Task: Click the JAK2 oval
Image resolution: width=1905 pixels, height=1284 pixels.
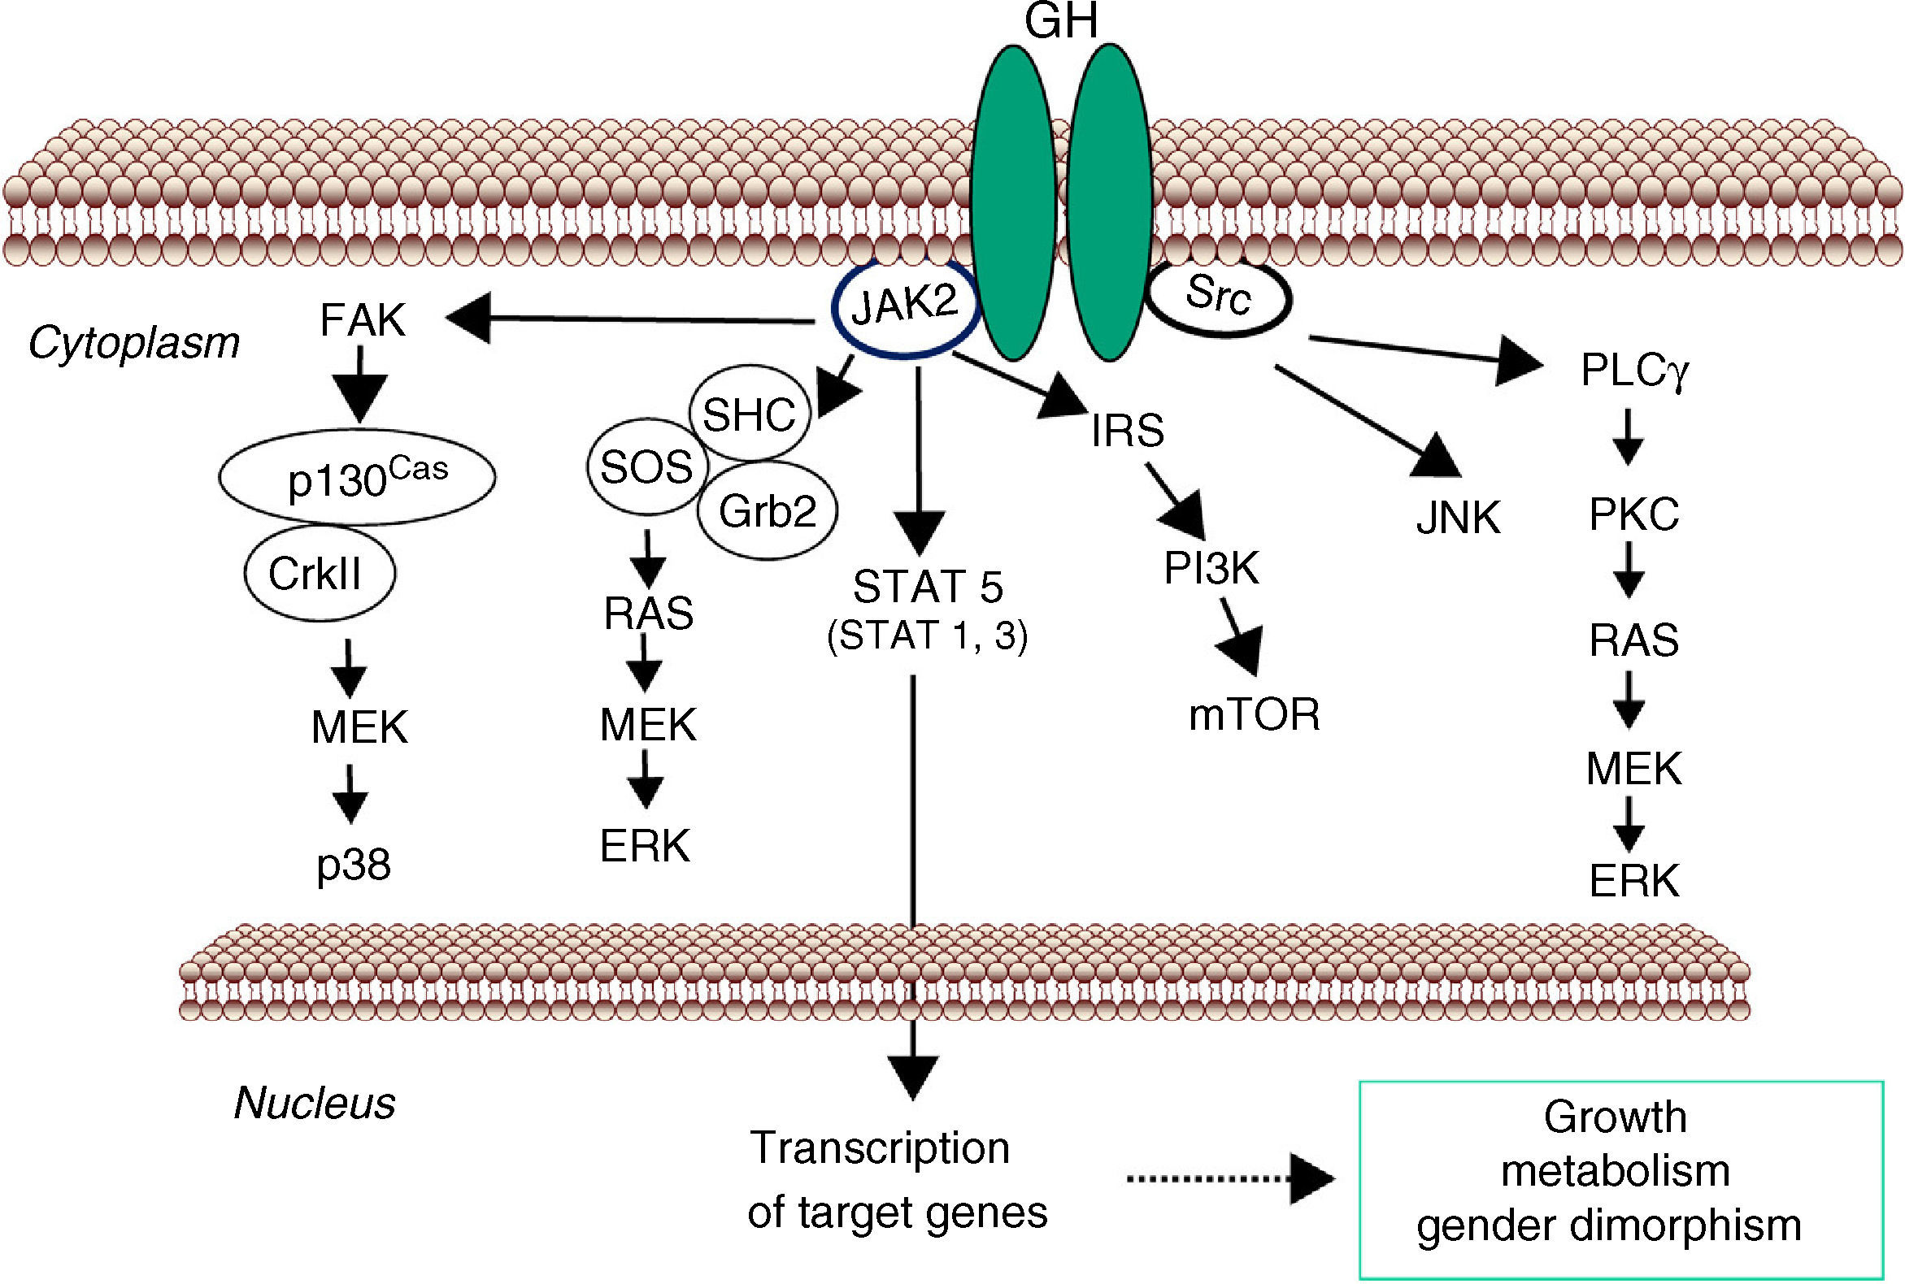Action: pos(905,308)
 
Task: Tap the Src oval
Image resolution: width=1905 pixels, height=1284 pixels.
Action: pos(1219,297)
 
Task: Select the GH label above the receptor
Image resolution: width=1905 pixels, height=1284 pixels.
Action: pos(1060,21)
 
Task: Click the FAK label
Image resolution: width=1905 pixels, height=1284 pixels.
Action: pos(362,320)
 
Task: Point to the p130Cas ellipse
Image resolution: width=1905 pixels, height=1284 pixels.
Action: pos(357,476)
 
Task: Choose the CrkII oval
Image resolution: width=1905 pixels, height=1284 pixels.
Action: pos(319,572)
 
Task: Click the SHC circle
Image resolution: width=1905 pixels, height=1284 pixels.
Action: pos(749,414)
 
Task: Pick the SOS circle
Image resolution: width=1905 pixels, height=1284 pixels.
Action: pos(646,466)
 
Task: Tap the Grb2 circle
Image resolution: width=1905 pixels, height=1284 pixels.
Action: pos(768,511)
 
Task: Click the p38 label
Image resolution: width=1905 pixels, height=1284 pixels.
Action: pos(354,865)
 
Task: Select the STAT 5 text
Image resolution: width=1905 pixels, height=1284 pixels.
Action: pos(928,586)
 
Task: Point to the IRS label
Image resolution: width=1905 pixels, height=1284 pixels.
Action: pos(1128,431)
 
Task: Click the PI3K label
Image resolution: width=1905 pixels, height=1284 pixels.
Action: pos(1211,567)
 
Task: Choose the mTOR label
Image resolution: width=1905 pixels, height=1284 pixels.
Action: pos(1254,714)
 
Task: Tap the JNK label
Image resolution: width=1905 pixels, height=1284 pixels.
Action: pos(1459,518)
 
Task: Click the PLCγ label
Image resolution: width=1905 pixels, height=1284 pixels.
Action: pos(1633,370)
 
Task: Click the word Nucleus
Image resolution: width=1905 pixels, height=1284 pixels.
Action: pos(315,1103)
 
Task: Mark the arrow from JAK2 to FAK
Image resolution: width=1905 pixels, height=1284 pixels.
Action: pos(631,319)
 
